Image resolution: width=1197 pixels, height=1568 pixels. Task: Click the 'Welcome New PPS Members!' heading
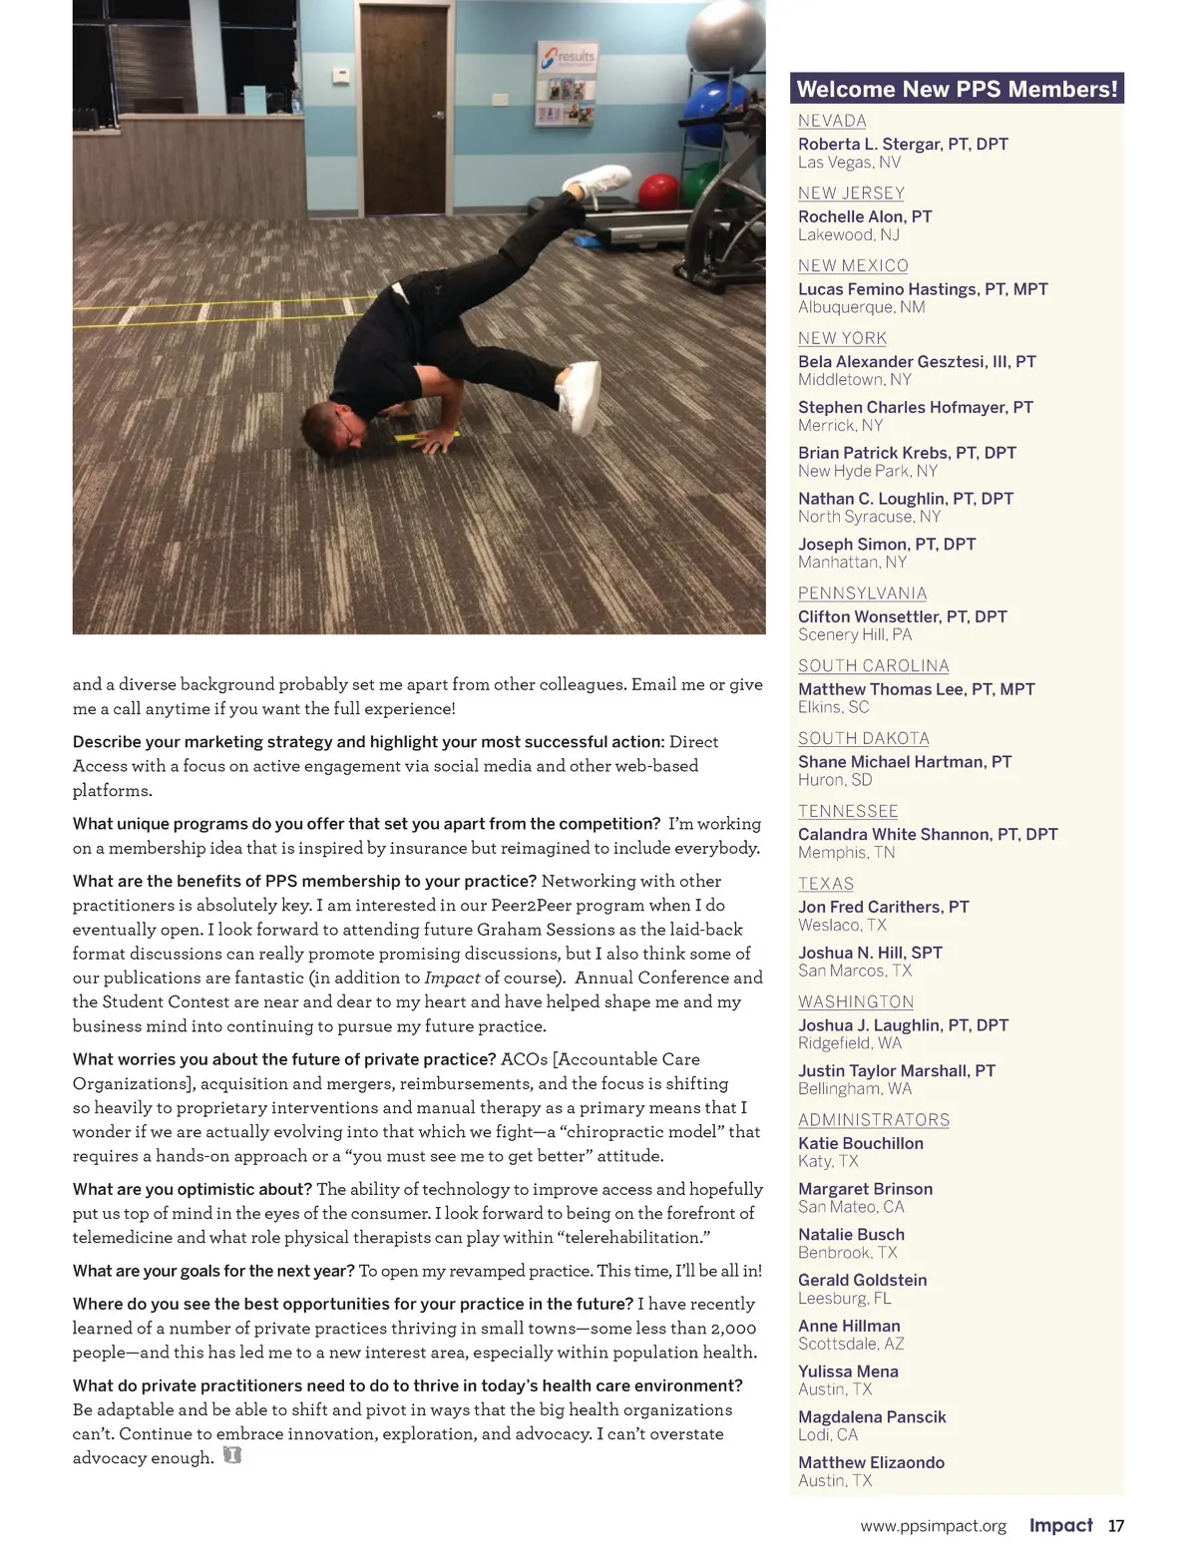point(957,89)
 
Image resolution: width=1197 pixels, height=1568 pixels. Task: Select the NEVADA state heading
point(832,121)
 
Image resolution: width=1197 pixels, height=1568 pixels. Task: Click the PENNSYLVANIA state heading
point(862,593)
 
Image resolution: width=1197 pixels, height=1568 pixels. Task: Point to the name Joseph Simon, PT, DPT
point(887,544)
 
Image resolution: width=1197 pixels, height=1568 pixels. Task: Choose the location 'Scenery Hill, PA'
point(855,634)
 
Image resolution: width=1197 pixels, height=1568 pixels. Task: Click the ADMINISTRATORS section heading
point(874,1120)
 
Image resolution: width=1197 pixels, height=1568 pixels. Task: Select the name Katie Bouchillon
point(861,1143)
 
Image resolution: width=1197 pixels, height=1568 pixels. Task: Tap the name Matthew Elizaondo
point(871,1462)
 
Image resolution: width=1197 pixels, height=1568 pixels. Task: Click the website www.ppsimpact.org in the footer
point(933,1526)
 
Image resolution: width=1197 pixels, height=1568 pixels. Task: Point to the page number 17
point(1116,1526)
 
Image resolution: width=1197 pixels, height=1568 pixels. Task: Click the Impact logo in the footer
point(1060,1525)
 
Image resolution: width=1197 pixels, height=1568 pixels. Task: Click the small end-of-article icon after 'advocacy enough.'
point(232,1456)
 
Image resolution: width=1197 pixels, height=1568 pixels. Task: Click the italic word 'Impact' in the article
point(452,978)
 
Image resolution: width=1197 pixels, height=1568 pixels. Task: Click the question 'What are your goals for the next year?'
point(213,1271)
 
